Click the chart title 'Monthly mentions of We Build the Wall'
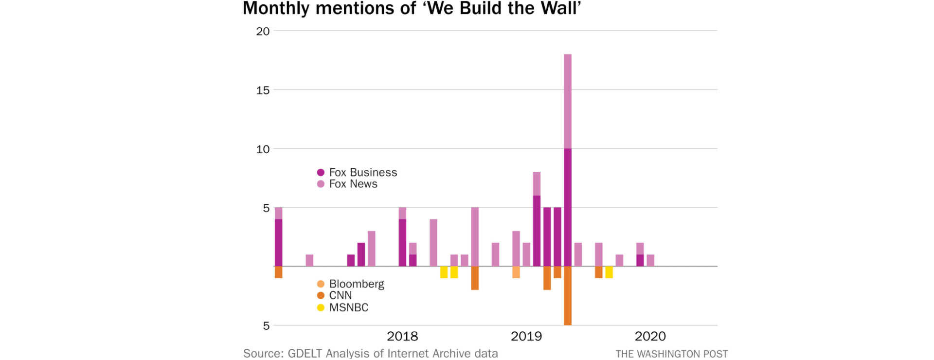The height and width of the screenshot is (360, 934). [412, 8]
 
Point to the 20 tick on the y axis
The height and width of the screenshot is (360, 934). [263, 31]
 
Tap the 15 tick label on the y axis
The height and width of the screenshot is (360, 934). [263, 90]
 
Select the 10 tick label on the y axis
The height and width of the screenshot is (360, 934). [263, 149]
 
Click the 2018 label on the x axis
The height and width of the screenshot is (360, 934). [402, 336]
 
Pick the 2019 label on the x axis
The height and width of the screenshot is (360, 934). [526, 336]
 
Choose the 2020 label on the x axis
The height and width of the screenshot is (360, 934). [650, 336]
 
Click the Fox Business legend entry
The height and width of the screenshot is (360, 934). [357, 172]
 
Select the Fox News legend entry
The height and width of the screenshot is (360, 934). [347, 184]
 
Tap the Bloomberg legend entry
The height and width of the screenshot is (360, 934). [350, 284]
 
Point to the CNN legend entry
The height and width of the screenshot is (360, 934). [334, 295]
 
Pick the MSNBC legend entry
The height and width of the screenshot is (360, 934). [342, 307]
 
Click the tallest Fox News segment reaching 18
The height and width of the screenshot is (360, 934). [568, 101]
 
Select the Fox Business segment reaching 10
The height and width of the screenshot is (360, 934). [568, 207]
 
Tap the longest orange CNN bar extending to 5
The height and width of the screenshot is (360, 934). [568, 296]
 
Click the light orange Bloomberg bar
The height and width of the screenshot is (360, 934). [516, 272]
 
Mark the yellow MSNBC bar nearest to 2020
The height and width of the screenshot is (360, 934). [609, 272]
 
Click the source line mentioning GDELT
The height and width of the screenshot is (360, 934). [371, 354]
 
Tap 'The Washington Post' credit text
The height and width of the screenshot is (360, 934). [672, 354]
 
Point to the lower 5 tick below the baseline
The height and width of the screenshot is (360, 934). [266, 325]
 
